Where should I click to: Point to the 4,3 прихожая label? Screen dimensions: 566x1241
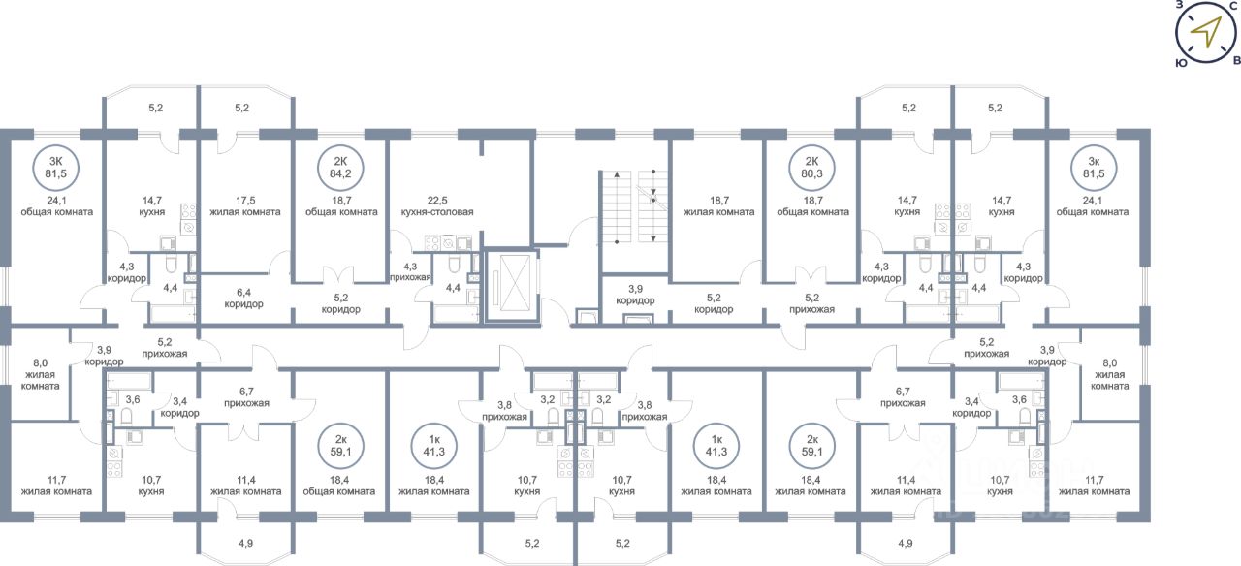click(409, 271)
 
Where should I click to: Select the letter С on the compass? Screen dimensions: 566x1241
click(1231, 6)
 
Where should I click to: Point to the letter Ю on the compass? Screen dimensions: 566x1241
click(1181, 61)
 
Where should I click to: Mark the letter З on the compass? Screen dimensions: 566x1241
click(1179, 5)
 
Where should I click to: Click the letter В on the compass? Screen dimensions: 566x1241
click(1235, 60)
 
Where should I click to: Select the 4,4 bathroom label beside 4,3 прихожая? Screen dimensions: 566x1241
click(452, 288)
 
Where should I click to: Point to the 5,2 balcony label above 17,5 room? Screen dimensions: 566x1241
click(241, 108)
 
